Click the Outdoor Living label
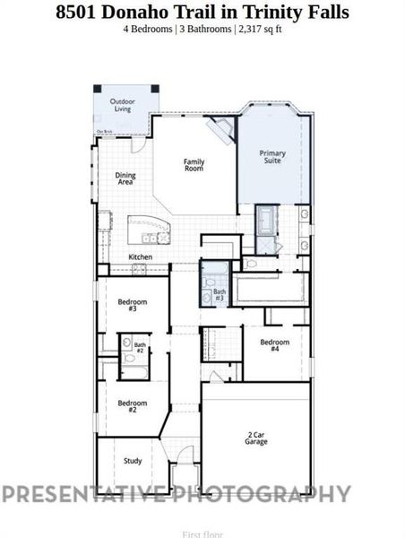click(x=123, y=105)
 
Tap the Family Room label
click(x=194, y=165)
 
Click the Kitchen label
click(x=141, y=257)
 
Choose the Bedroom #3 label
click(x=132, y=305)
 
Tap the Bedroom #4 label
click(x=274, y=345)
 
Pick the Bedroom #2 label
click(x=132, y=405)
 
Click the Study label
click(x=133, y=461)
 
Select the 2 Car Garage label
click(x=256, y=438)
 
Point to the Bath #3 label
click(x=220, y=294)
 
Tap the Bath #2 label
click(x=140, y=347)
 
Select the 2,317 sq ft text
click(x=261, y=30)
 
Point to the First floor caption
click(x=202, y=534)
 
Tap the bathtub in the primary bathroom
click(x=267, y=219)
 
